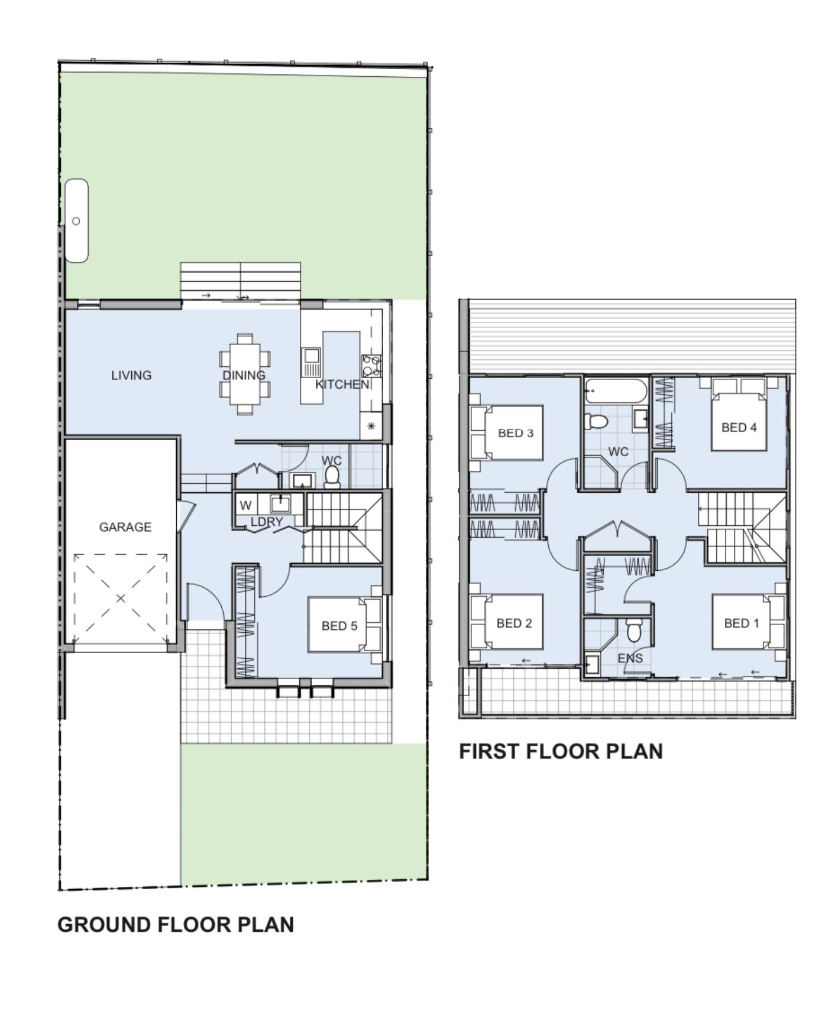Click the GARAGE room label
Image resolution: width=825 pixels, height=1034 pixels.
(125, 527)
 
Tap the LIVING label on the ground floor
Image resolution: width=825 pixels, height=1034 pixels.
(131, 375)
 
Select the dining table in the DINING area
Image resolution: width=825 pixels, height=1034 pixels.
(244, 375)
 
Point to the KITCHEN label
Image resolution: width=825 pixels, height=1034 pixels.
(342, 385)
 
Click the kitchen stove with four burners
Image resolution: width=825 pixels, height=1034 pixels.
(371, 366)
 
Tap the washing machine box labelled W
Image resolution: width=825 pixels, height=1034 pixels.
(245, 506)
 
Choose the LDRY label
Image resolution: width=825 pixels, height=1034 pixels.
(267, 522)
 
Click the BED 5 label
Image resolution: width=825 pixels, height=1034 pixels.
(339, 626)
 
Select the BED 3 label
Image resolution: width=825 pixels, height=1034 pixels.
(516, 433)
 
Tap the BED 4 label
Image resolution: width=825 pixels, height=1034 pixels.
(739, 427)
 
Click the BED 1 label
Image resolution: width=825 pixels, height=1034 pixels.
(742, 623)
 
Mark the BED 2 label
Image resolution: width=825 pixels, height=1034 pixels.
(515, 623)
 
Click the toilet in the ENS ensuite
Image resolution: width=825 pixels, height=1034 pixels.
(633, 630)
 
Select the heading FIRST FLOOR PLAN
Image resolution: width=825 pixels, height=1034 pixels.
(561, 752)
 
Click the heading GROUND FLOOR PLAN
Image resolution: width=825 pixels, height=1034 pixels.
(176, 925)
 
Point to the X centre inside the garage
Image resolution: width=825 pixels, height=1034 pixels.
(121, 599)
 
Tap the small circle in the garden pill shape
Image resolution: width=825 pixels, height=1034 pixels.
(76, 221)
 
